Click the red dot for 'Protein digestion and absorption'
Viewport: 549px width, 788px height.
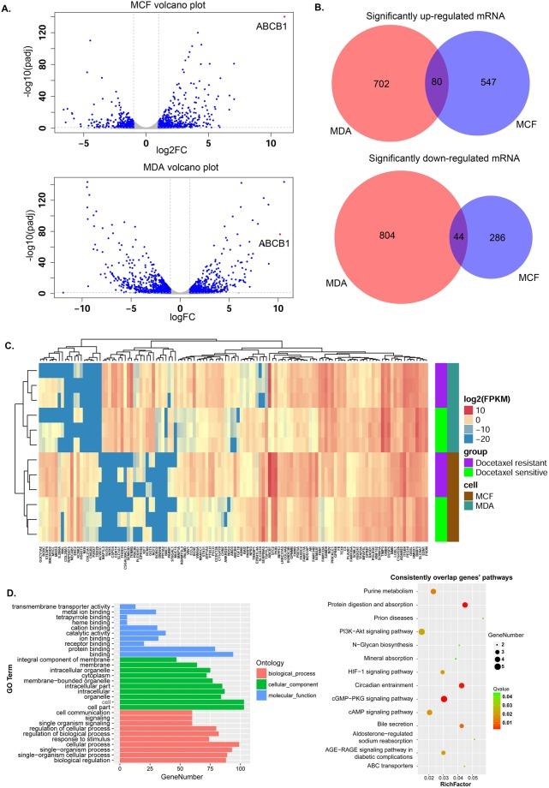coord(465,606)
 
